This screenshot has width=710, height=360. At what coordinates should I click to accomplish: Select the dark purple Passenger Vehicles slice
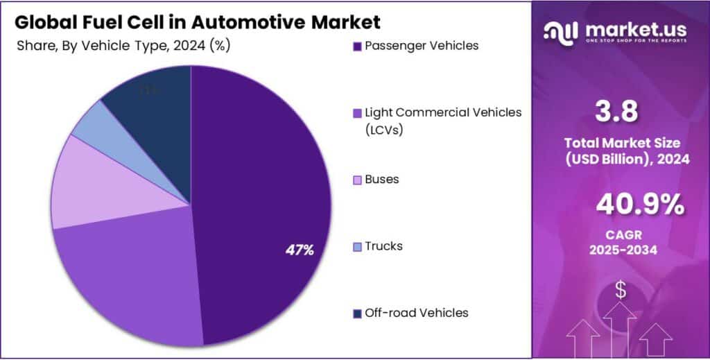263,173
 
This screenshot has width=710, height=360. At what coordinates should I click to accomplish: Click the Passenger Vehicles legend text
421,46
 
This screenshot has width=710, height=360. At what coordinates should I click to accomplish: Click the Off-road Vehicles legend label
416,313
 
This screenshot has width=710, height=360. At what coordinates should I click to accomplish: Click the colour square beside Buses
357,180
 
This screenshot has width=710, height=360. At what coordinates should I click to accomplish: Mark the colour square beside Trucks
357,247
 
